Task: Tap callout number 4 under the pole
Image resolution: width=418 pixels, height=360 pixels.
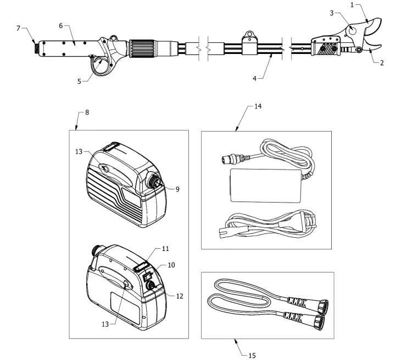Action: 254,78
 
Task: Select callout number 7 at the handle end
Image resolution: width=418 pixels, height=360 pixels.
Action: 19,28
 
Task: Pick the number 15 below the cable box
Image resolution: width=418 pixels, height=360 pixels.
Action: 252,355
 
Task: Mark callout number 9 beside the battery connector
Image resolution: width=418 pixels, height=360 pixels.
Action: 177,189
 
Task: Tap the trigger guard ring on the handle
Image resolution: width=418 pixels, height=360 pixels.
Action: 102,67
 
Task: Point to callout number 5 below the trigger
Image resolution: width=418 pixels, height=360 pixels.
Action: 79,81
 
